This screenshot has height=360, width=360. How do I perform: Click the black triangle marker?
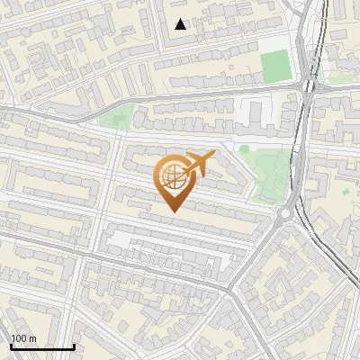181,24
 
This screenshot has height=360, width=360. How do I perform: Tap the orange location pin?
174,180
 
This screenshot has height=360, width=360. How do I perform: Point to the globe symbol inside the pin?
172,176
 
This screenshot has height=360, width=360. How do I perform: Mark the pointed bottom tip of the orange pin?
173,211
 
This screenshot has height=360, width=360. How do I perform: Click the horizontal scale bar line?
42,347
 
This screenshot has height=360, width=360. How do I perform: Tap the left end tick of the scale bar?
11,346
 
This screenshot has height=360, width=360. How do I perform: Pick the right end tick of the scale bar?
74,346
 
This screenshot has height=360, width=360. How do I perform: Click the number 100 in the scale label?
19,338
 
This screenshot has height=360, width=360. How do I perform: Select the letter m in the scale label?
32,338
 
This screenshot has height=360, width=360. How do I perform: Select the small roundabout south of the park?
286,213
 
